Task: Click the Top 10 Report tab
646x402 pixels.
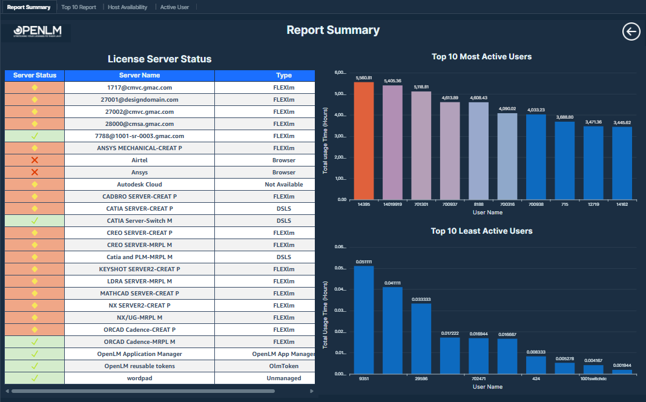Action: [79, 7]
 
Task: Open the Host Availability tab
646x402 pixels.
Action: [127, 7]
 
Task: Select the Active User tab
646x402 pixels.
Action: [174, 7]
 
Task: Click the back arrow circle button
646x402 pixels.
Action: [631, 31]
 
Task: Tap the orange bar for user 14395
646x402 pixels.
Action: [364, 140]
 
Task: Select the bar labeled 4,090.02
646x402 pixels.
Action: [507, 156]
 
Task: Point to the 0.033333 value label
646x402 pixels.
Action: [421, 299]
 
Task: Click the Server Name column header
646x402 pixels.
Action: [139, 76]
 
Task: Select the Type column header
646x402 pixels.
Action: [283, 76]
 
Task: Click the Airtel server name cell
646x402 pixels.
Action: [139, 160]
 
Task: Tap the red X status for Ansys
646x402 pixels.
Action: [35, 173]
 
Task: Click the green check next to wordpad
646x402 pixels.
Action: [35, 378]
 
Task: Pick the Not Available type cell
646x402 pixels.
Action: [283, 185]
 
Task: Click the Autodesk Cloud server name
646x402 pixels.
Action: [139, 185]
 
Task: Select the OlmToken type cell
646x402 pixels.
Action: [283, 366]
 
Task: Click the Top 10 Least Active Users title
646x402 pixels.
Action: [481, 231]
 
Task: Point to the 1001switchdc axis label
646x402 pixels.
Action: [593, 378]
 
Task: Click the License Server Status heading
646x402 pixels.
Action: [159, 59]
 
